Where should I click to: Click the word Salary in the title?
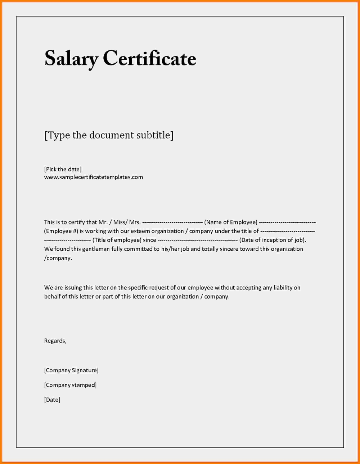[x=71, y=59]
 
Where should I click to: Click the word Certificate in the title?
[x=149, y=59]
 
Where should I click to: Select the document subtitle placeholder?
[x=109, y=135]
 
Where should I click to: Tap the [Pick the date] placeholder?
[x=63, y=169]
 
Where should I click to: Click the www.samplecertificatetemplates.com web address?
[x=94, y=177]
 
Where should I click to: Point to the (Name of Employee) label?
[x=231, y=222]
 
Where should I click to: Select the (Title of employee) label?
[x=117, y=240]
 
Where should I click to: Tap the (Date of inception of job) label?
[x=273, y=240]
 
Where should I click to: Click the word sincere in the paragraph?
[x=228, y=249]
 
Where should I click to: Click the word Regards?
[x=55, y=341]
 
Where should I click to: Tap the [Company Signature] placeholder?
[x=71, y=370]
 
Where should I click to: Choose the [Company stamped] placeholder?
[x=70, y=385]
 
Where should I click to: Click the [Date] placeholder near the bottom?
[x=52, y=400]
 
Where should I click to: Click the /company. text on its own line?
[x=58, y=258]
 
